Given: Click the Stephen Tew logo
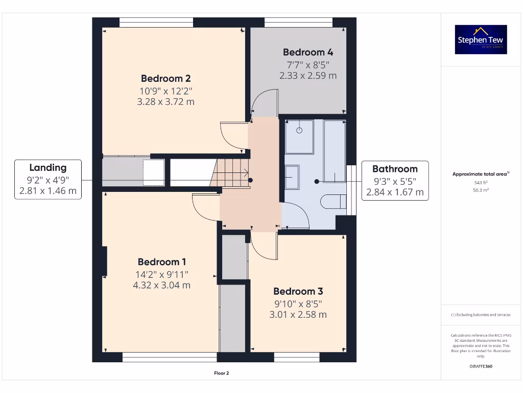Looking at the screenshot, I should coord(481,39).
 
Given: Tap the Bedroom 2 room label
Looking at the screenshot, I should coord(165,78).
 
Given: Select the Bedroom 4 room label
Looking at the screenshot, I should coord(308,52).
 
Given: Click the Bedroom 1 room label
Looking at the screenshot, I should coord(161,262).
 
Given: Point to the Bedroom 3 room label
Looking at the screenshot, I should coord(298,291).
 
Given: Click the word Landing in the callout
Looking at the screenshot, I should coord(48,167).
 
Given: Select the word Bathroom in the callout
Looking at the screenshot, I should coord(395,169).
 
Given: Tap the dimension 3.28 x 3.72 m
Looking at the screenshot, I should coord(165,102).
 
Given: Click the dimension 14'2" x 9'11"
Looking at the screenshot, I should coord(161,274).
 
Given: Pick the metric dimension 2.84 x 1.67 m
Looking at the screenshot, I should coord(395,192).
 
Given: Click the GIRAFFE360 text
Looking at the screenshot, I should coord(480,366).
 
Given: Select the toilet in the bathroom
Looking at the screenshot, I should coord(332,202).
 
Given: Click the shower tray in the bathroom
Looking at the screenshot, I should coord(299,137).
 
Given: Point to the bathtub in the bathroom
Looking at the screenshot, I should coord(335,151).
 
